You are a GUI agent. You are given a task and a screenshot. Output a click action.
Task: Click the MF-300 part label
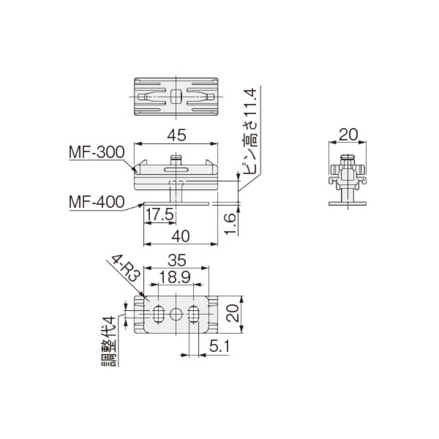97,152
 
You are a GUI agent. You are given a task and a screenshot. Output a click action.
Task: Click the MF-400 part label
97,202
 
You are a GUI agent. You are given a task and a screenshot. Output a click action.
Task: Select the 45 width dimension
176,135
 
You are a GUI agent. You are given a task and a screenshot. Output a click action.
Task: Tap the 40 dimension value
180,236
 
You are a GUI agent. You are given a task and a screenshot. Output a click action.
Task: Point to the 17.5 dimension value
160,215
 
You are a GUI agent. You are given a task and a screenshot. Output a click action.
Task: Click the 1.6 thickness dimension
230,224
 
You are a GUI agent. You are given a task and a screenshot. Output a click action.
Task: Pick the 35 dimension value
176,260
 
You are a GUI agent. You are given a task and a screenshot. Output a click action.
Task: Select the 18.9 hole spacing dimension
175,277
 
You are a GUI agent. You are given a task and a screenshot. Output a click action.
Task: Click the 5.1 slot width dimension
219,346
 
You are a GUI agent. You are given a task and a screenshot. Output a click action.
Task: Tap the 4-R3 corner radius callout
126,268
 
